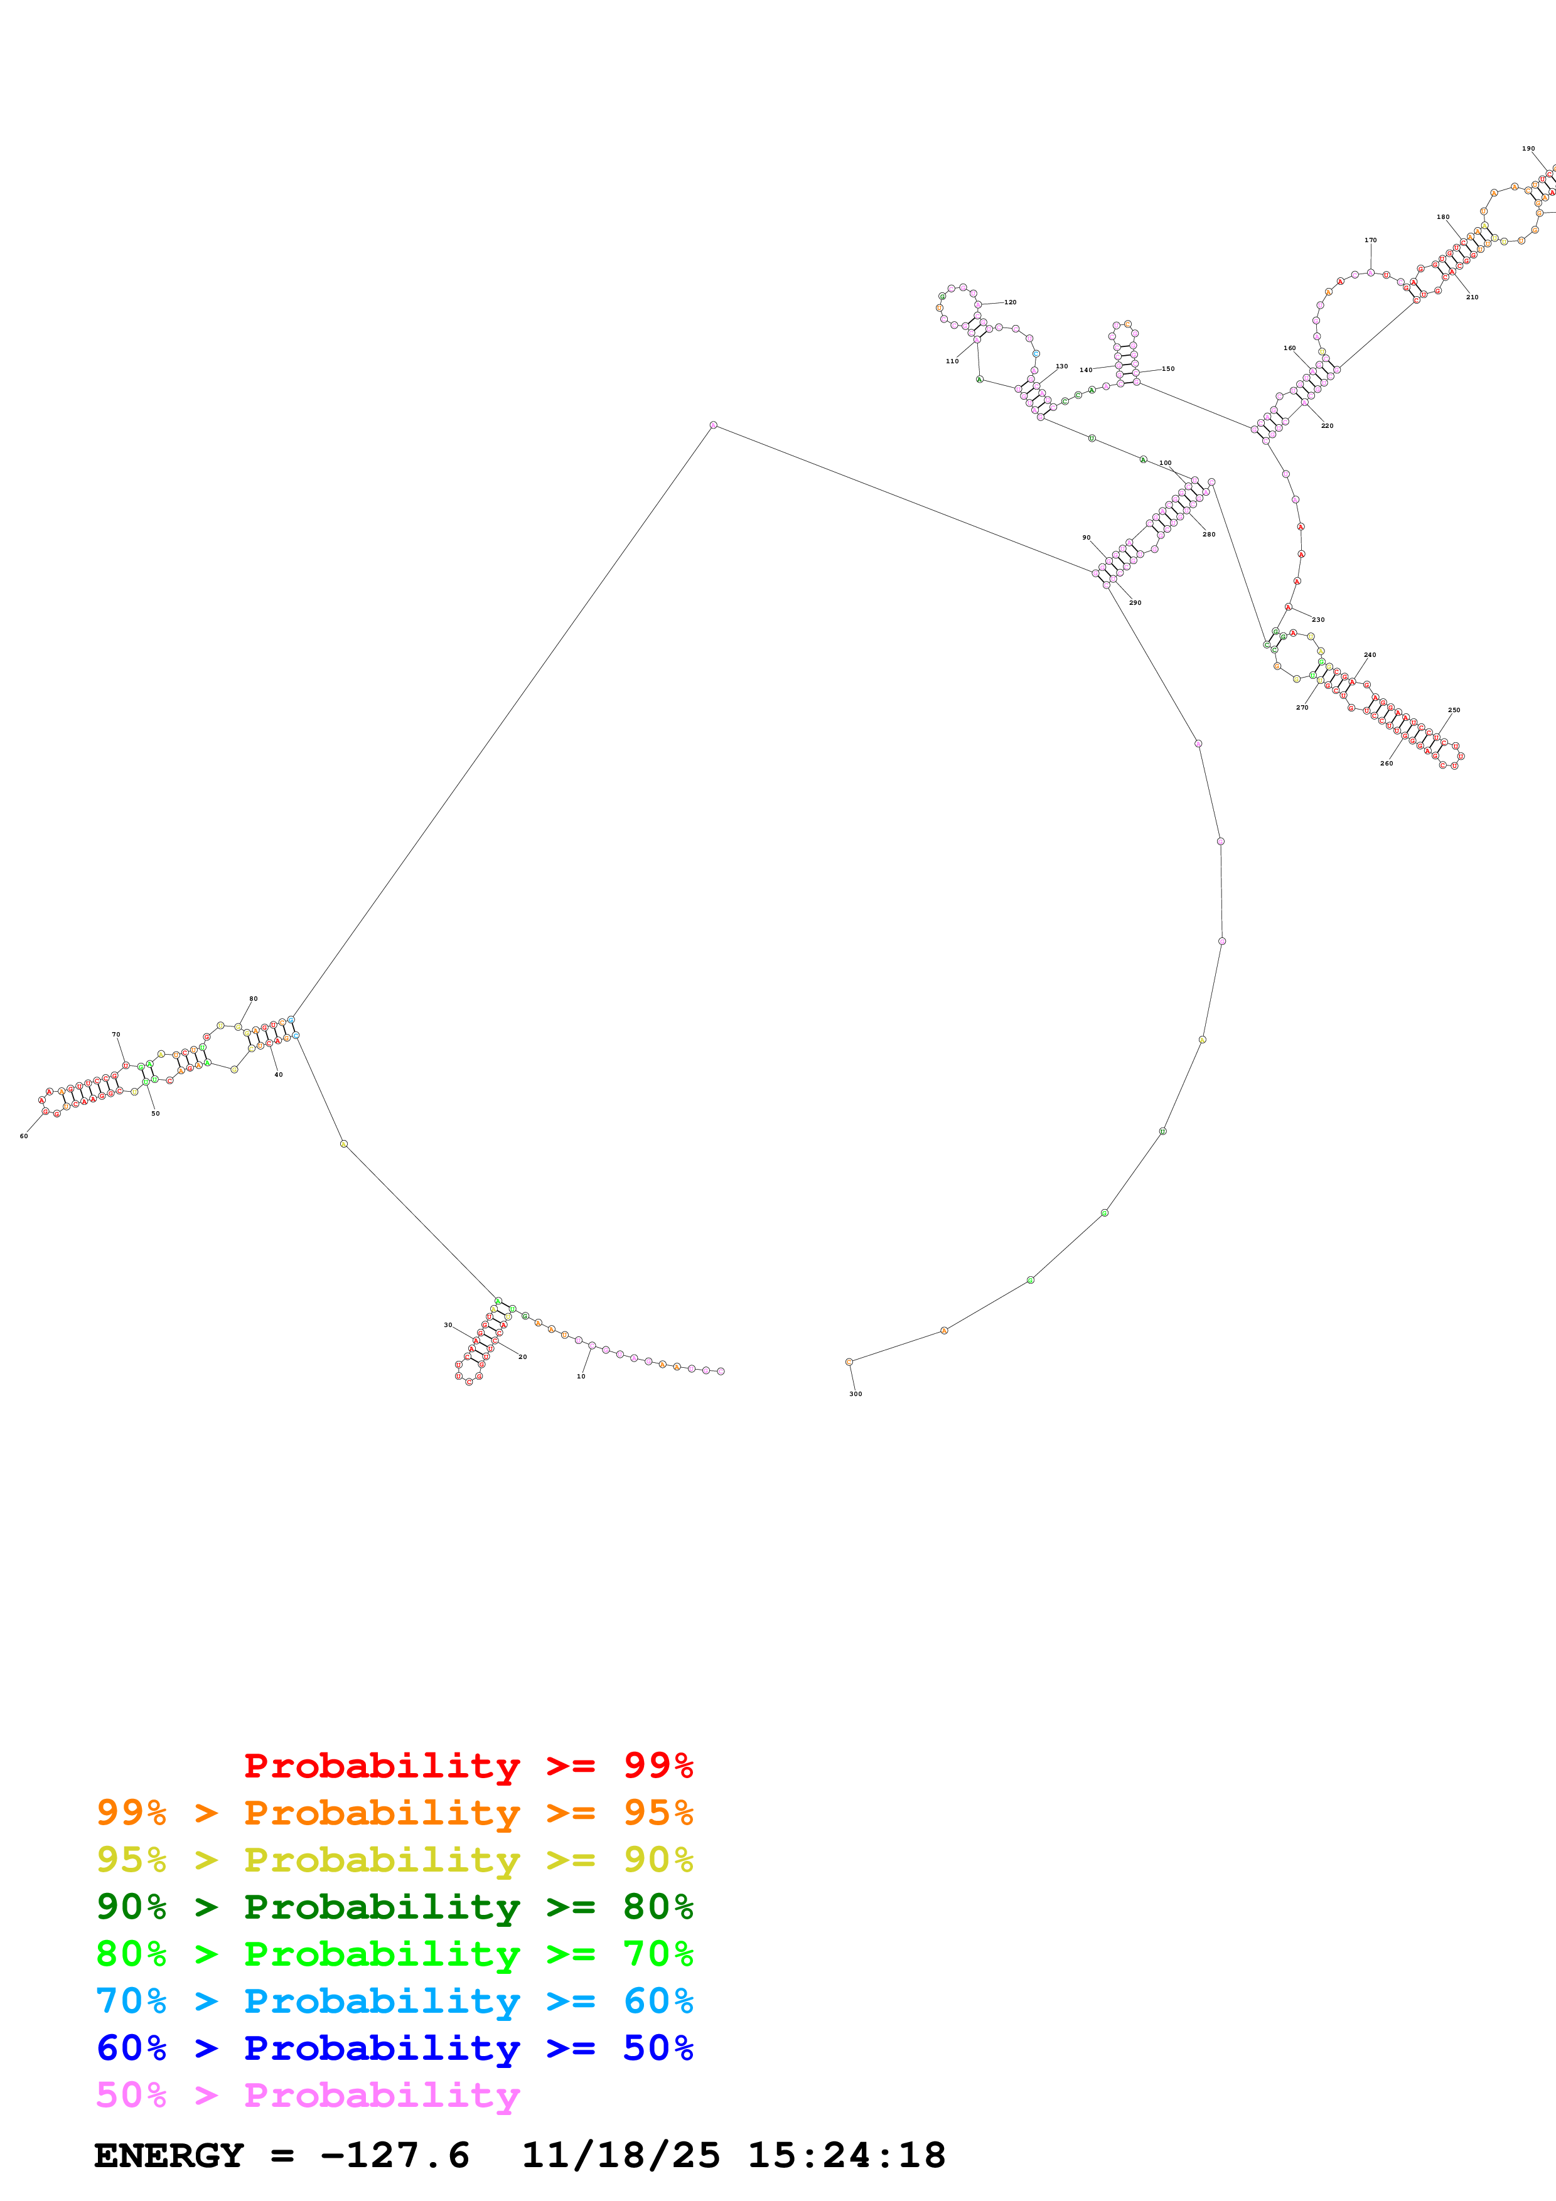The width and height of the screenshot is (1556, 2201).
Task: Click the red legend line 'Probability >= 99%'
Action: coord(468,1766)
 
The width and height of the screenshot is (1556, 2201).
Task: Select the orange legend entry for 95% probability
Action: coord(394,1813)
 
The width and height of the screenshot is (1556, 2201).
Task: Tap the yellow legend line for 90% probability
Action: coord(394,1860)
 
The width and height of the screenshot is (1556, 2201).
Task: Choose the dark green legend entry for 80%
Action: coord(394,1907)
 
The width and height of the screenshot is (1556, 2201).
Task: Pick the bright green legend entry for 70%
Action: coord(394,1954)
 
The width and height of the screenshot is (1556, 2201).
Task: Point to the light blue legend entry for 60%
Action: coord(394,2001)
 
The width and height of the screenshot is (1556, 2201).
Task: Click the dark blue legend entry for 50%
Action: coord(394,2048)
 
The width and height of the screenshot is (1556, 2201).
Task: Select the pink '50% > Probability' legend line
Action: coord(308,2094)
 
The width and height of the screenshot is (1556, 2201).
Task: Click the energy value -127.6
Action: coord(395,2156)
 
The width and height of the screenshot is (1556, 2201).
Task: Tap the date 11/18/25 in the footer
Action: coord(620,2156)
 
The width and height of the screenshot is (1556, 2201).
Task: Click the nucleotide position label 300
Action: coord(855,1394)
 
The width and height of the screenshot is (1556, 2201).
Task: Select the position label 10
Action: coord(581,1377)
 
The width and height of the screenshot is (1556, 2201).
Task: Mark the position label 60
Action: coord(24,1136)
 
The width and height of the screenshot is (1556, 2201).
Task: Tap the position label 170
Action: coord(1370,240)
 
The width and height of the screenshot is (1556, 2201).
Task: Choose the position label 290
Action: coord(1135,603)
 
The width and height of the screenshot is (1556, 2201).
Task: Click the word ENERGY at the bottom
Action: coord(169,2156)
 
